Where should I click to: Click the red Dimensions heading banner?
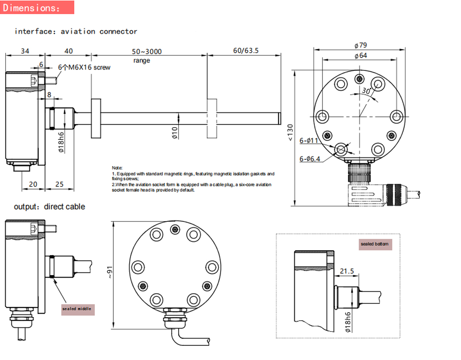pos(37,8)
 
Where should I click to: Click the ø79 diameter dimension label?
pos(361,45)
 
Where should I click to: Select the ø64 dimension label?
pos(361,55)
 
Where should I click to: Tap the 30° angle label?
pos(365,90)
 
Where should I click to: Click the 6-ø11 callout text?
pos(309,141)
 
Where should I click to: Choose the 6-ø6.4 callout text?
pos(310,159)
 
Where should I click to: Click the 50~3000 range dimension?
pos(147,51)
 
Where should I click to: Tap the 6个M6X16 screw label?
pos(84,67)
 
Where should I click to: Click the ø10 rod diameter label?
pos(175,132)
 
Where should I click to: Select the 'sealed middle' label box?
pos(78,309)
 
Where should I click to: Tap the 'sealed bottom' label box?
pos(375,244)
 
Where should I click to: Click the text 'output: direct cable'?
pos(49,207)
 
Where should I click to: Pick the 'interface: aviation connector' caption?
pos(76,31)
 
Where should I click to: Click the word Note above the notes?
pos(117,168)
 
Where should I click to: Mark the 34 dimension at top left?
pos(25,51)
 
